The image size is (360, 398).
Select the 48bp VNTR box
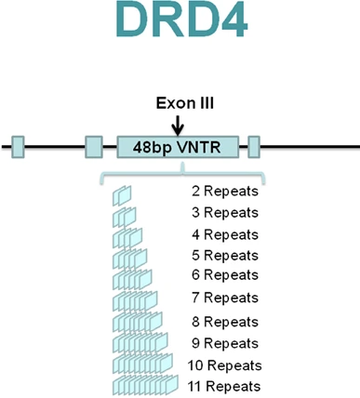177,147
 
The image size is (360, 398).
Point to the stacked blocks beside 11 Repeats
145,385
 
